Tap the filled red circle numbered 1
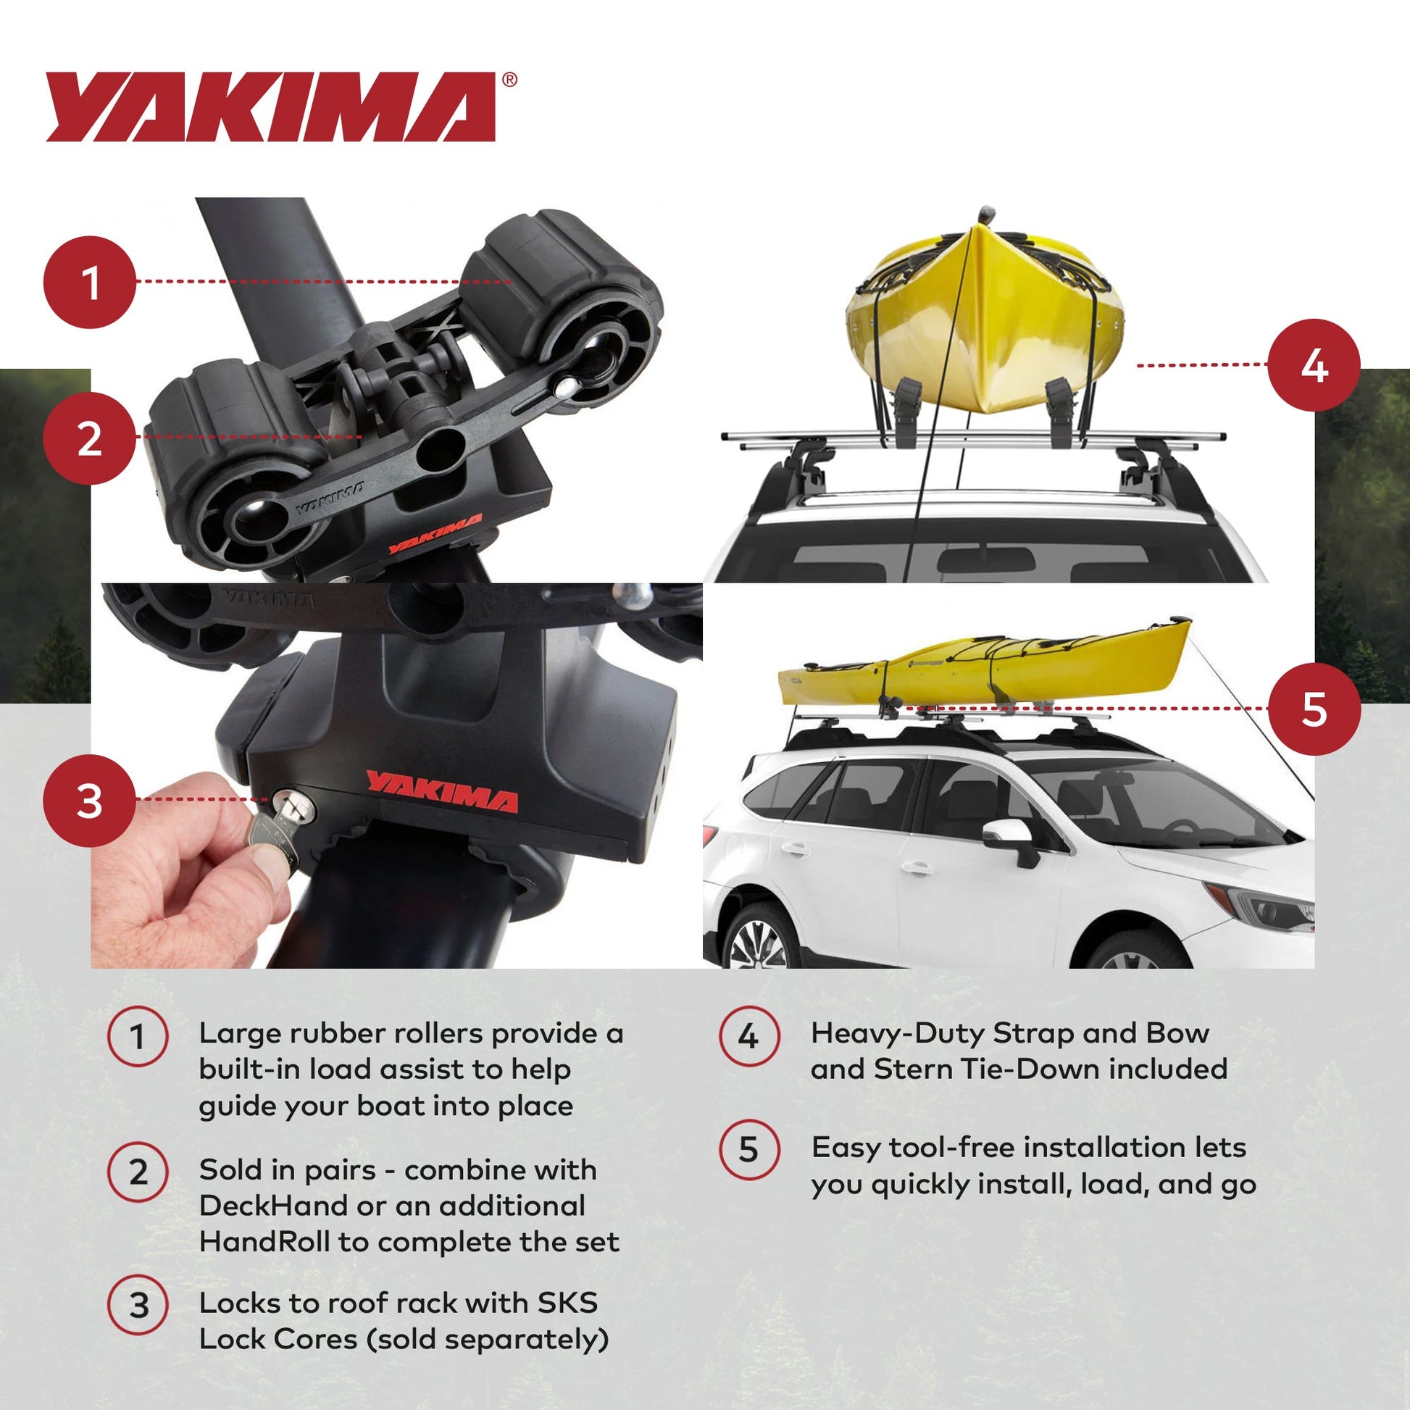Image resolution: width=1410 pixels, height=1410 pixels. coord(89,283)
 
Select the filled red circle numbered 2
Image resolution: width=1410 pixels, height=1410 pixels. coord(89,438)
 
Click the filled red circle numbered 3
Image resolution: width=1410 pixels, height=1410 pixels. coord(89,801)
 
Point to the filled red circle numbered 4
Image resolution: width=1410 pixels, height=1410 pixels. coord(1314,365)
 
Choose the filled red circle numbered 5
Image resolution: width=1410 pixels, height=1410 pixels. coord(1314,709)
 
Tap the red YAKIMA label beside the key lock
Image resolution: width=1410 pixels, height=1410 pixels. coord(441,791)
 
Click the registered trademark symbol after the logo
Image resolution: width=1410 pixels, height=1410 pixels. coord(510,80)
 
